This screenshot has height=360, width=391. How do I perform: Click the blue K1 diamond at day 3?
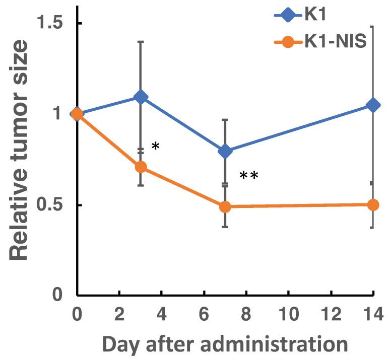pos(141,97)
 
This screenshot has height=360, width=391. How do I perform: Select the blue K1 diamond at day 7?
pos(225,151)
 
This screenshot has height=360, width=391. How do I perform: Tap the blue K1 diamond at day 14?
pos(373,105)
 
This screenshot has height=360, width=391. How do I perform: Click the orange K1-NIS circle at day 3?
pos(141,167)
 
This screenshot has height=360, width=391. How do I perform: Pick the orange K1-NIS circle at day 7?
pos(225,206)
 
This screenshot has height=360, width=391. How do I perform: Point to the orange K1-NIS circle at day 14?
pos(373,205)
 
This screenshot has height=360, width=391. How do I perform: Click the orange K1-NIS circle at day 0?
pos(77,114)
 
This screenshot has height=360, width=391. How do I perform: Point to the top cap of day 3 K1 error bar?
pos(141,42)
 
